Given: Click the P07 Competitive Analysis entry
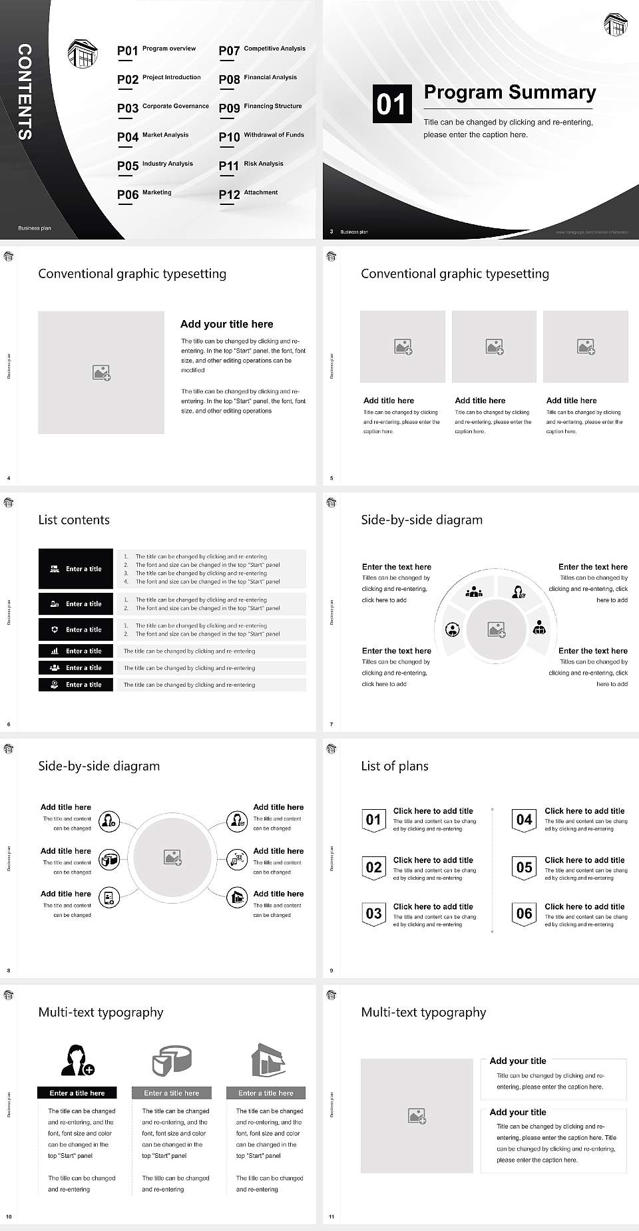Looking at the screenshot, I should tap(262, 50).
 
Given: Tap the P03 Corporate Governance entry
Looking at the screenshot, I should tap(163, 107).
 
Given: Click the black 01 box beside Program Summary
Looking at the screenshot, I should tap(391, 104).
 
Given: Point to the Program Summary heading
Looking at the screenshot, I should tap(509, 92).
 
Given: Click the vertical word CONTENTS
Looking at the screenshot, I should tap(25, 92).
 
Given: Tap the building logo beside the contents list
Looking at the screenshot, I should tap(83, 53).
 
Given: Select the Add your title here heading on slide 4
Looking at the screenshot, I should tap(226, 324).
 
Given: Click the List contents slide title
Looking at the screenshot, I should tap(74, 520).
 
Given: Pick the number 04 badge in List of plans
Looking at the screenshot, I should tap(525, 820).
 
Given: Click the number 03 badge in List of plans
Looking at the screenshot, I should tap(373, 914).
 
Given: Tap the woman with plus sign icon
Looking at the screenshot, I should tap(78, 1060).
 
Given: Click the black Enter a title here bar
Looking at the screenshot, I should tap(77, 1093).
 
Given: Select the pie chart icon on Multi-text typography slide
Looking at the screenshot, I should tap(172, 1060).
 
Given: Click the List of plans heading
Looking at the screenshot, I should tap(395, 766).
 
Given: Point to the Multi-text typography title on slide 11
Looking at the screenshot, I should tap(423, 1012).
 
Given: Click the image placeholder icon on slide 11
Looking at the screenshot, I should tap(417, 1116).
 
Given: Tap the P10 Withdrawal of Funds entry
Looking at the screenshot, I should tap(262, 136).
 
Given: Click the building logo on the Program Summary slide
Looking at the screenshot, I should tap(615, 25).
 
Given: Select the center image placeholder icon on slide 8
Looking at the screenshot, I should tap(173, 858).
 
